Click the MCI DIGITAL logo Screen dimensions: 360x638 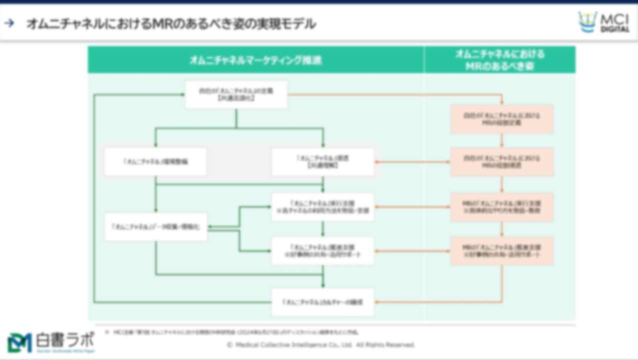[603, 22]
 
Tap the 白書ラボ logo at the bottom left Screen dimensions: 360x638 [50, 342]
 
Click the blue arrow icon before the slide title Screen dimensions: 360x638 [9, 23]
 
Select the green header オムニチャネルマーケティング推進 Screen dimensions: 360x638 [255, 60]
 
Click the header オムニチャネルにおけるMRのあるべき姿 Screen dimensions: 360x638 [499, 60]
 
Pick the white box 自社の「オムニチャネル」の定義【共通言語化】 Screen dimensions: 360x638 [236, 94]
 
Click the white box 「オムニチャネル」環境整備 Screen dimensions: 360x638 [155, 161]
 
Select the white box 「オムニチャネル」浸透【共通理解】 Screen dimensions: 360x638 [322, 161]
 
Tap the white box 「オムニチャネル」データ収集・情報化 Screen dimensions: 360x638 [155, 226]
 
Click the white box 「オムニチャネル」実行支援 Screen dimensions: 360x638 [322, 207]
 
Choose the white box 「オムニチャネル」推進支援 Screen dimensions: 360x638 [322, 251]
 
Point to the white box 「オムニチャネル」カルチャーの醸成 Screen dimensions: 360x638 [322, 302]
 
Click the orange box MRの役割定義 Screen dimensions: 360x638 [501, 119]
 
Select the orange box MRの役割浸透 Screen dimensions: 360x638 [501, 161]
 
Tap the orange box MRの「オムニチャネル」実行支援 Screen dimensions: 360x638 [501, 207]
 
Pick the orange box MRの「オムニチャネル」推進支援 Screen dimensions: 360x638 [501, 251]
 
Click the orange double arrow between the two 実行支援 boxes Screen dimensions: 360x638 [412, 207]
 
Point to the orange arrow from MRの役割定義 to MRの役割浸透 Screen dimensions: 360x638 [501, 140]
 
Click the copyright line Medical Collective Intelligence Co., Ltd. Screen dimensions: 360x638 [320, 345]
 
